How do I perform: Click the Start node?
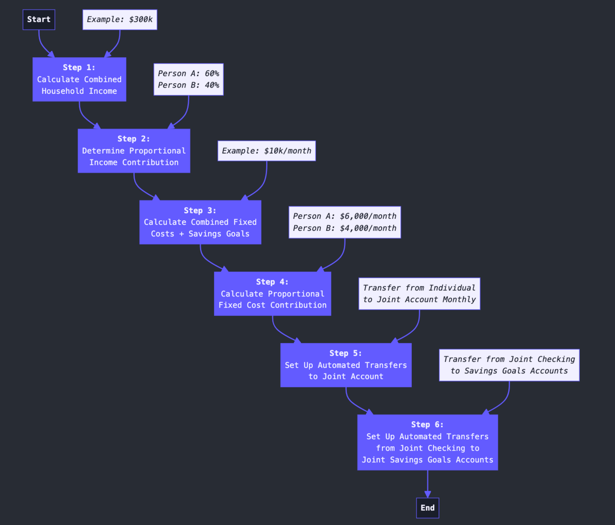click(39, 20)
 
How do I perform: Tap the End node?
click(427, 508)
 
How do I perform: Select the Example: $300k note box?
click(119, 20)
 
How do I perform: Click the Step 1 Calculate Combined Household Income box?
click(79, 79)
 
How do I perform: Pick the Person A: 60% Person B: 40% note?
click(188, 79)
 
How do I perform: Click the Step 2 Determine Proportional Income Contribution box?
click(134, 151)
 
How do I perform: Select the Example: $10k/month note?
click(266, 151)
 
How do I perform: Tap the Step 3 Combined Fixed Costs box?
click(200, 222)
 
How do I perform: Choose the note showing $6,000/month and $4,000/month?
click(345, 222)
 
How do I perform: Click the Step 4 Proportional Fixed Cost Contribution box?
click(272, 294)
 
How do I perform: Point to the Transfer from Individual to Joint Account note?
click(419, 294)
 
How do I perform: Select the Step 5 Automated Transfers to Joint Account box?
click(346, 365)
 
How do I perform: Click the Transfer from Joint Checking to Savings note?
click(509, 365)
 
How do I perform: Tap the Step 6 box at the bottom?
click(427, 442)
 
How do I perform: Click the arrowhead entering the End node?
click(427, 495)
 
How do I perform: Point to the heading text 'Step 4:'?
click(272, 282)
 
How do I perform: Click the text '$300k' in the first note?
click(140, 20)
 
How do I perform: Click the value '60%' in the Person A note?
click(212, 73)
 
